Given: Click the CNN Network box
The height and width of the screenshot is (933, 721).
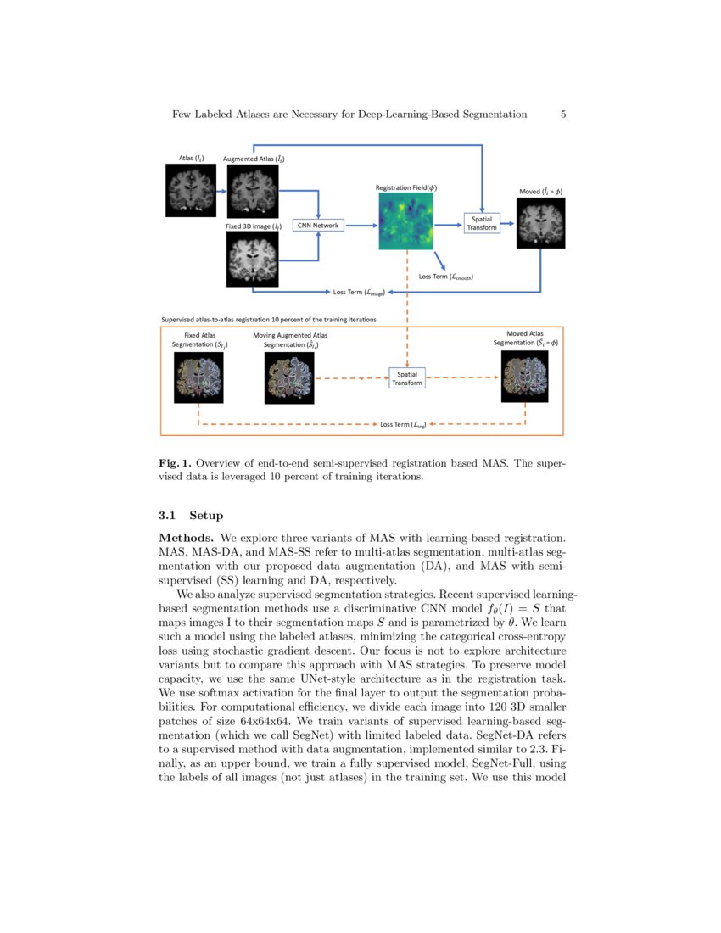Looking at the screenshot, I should click(318, 225).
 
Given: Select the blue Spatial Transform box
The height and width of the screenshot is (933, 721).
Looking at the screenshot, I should click(481, 222).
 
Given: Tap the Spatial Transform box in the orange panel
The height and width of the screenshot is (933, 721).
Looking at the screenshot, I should click(406, 378).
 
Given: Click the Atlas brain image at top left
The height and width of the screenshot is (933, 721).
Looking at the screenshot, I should click(190, 191).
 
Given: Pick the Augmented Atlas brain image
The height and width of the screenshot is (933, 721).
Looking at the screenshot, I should click(253, 191).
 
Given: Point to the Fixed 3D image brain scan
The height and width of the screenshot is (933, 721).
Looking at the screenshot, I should click(253, 260).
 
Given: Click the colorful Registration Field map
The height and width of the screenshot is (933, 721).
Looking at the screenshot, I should click(405, 221).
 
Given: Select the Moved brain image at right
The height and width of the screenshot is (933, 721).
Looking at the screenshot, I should click(540, 224).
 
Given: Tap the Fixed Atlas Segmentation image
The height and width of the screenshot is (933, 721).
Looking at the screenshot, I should click(198, 377).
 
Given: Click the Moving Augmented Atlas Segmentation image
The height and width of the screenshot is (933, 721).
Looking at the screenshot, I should click(290, 377).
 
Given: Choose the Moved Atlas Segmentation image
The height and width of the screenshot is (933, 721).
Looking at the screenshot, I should click(525, 377).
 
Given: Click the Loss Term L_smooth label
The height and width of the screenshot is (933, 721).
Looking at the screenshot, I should click(445, 277).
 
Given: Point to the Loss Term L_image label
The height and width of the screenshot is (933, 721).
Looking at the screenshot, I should click(360, 293).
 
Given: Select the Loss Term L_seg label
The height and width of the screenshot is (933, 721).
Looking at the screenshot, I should click(402, 423).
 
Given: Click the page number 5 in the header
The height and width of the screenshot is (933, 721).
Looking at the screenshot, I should click(563, 114).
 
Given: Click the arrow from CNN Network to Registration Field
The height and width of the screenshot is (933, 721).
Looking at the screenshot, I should click(360, 225).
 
